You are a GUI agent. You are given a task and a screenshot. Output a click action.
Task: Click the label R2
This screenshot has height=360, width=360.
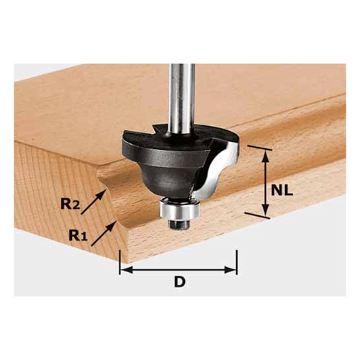point(70,204)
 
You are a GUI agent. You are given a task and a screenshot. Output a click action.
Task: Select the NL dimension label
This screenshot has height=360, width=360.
point(282,191)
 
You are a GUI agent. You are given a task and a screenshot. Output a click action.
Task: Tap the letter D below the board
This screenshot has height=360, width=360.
point(180,282)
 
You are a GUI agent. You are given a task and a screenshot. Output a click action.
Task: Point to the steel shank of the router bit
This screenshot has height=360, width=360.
point(182,99)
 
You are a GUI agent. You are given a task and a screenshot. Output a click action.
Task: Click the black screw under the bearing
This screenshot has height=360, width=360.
point(179,224)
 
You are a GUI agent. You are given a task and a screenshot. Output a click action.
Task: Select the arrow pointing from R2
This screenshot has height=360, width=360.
point(94,201)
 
